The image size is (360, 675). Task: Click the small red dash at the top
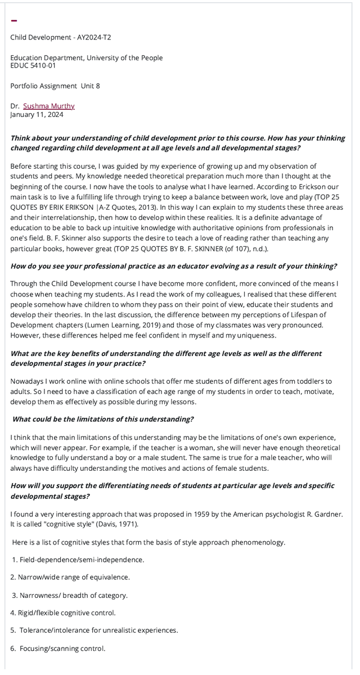click(x=14, y=21)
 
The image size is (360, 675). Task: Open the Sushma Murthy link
click(x=48, y=106)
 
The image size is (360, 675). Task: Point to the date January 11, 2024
click(x=37, y=115)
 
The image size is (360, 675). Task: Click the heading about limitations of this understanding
click(x=103, y=419)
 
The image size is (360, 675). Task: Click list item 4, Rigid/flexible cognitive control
click(x=63, y=613)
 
